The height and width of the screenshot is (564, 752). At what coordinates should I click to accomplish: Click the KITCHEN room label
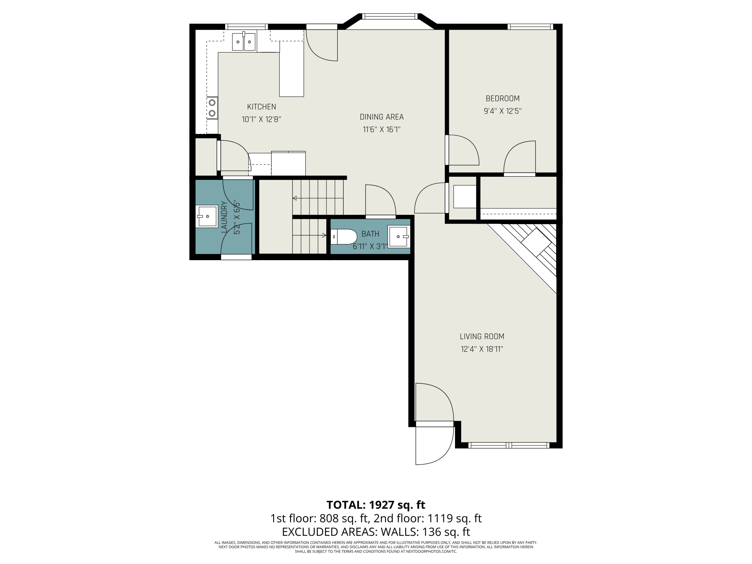[x=261, y=107]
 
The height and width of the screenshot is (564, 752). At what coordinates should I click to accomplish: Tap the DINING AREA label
[x=382, y=117]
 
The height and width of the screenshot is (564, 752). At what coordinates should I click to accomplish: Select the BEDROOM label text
[x=503, y=99]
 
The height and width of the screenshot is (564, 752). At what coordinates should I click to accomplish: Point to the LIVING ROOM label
[x=482, y=337]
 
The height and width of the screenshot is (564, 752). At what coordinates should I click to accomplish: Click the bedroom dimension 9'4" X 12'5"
[x=503, y=111]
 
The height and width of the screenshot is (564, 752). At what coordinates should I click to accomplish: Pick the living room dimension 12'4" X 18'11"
[x=482, y=349]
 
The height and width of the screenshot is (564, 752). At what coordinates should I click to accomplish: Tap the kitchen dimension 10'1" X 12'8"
[x=261, y=119]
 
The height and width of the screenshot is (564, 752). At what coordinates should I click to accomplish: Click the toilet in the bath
[x=344, y=237]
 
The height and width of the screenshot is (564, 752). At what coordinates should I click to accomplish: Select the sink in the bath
[x=399, y=236]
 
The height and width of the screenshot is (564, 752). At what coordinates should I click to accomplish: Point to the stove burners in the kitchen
[x=212, y=108]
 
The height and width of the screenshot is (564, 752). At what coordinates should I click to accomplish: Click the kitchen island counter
[x=291, y=69]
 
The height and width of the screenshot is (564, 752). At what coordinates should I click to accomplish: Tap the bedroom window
[x=530, y=27]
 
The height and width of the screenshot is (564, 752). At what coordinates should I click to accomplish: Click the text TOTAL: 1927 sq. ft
[x=376, y=505]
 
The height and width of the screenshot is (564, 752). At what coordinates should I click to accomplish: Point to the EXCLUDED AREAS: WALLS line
[x=376, y=531]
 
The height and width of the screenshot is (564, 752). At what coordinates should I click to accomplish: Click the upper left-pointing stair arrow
[x=318, y=198]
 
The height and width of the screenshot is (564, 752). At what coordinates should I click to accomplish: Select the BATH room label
[x=370, y=234]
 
